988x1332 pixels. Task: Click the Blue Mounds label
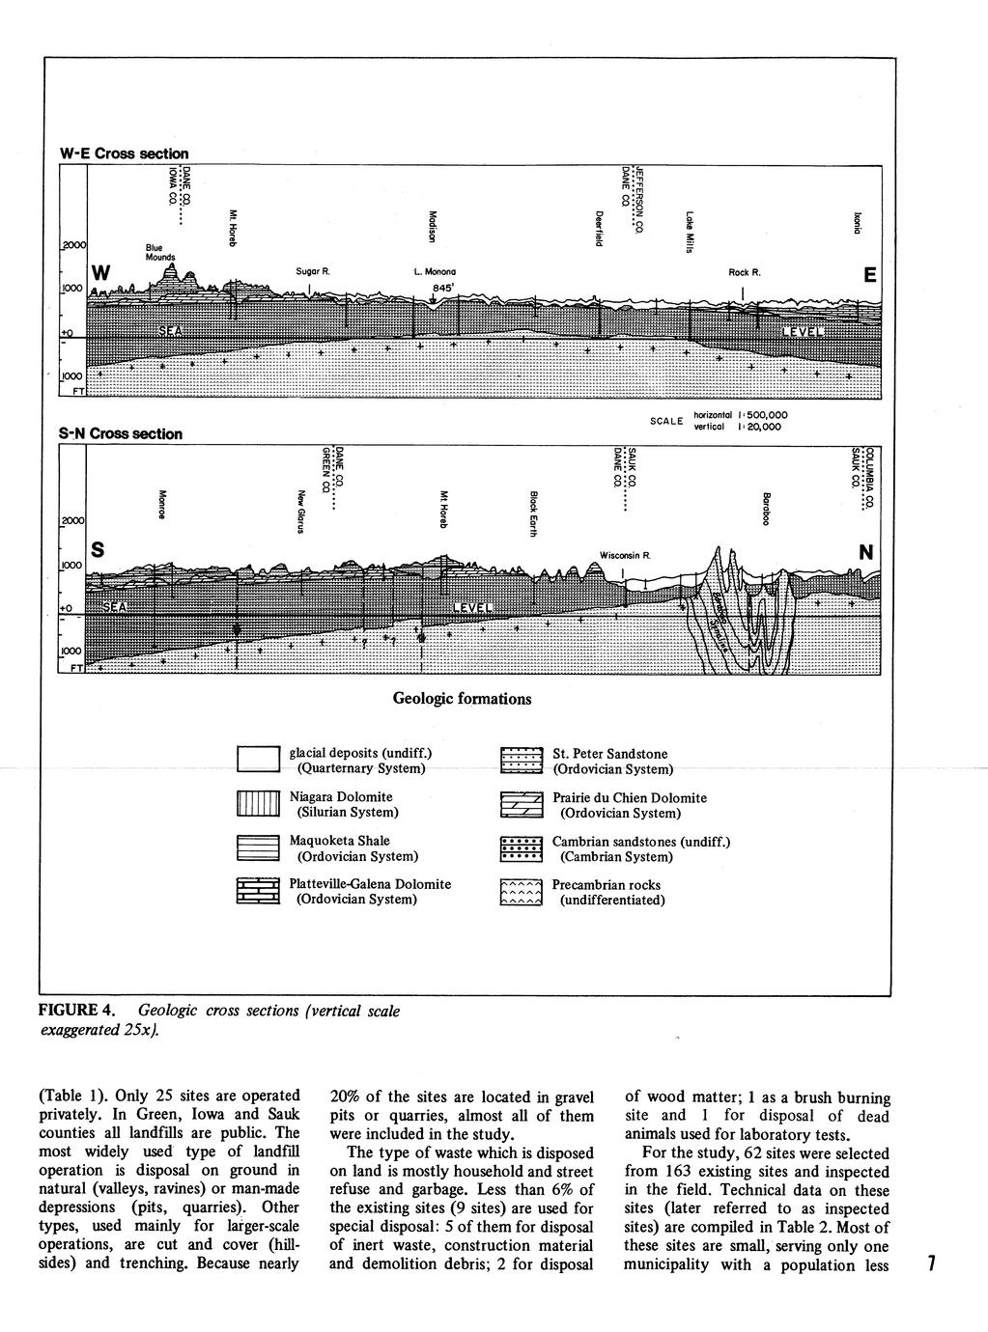point(160,252)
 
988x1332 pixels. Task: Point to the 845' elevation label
point(442,287)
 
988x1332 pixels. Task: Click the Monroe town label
point(162,504)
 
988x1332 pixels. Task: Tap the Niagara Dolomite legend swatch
point(258,804)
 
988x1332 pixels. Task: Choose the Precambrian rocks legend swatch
point(522,893)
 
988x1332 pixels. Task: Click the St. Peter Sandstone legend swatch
point(522,761)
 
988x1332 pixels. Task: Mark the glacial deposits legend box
point(258,760)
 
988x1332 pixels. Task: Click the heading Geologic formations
point(462,698)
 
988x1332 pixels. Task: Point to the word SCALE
point(665,421)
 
